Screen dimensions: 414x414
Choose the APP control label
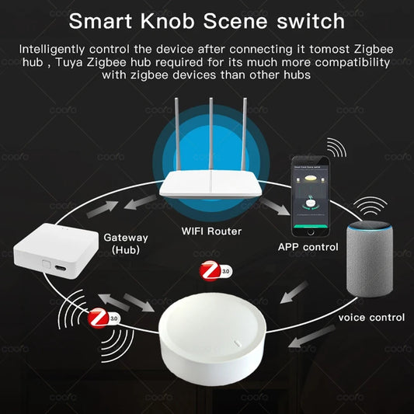pos(308,247)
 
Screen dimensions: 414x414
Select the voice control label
pos(371,317)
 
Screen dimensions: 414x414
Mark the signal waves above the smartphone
pos(336,148)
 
